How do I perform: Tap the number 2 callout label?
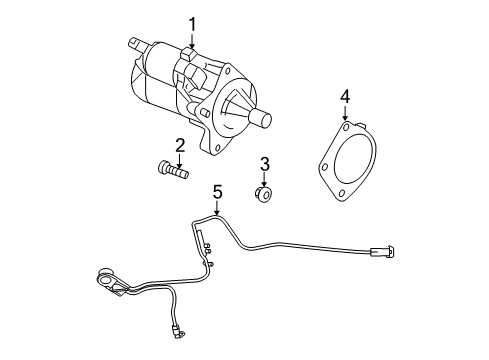180,145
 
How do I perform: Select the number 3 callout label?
265,163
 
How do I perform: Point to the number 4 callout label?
344,96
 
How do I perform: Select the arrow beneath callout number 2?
180,162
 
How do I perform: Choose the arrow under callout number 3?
265,179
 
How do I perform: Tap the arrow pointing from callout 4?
344,114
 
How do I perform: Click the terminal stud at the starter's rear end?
135,44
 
